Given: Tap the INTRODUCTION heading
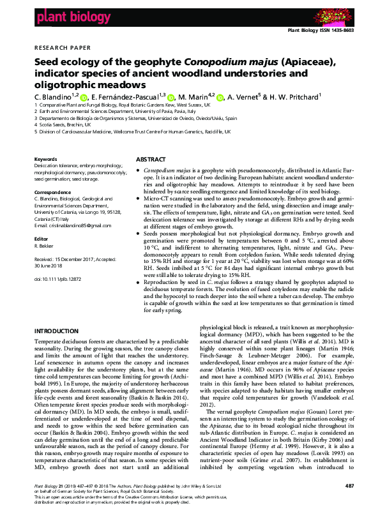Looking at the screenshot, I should pyautogui.click(x=56, y=331).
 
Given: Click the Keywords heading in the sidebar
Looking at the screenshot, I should pyautogui.click(x=45, y=159).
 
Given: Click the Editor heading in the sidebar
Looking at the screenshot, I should pyautogui.click(x=41, y=236).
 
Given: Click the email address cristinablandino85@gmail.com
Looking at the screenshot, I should pyautogui.click(x=66, y=226).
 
